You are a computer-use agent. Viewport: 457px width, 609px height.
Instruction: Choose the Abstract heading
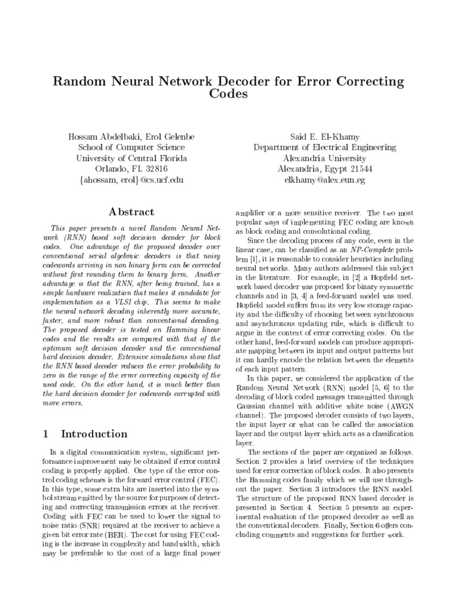click(132, 212)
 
